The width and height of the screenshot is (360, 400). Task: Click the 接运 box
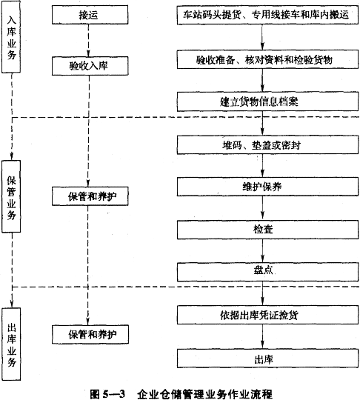(x=90, y=15)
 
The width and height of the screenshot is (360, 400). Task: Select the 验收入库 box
(x=90, y=66)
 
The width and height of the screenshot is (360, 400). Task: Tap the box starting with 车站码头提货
(x=267, y=15)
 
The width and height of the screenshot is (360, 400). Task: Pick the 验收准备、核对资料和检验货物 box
(x=267, y=60)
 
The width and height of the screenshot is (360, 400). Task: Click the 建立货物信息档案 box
(x=267, y=101)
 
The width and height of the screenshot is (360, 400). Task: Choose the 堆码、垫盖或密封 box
(x=267, y=145)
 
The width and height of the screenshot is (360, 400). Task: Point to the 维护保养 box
(x=267, y=187)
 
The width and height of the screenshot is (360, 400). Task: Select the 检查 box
(x=267, y=230)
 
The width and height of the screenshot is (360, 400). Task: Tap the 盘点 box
(x=267, y=272)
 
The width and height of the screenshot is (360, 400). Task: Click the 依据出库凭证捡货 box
(x=267, y=315)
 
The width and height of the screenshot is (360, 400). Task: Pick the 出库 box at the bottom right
(x=267, y=359)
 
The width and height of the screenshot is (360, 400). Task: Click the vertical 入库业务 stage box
(x=11, y=37)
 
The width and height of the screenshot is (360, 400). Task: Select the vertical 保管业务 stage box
(x=11, y=196)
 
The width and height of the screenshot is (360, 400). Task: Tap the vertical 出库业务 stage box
(x=11, y=344)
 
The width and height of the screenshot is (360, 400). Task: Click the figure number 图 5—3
(x=107, y=394)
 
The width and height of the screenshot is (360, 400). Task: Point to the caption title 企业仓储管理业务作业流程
(x=205, y=394)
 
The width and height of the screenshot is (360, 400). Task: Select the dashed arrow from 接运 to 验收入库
(x=88, y=41)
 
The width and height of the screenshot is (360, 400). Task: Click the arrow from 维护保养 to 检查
(x=262, y=208)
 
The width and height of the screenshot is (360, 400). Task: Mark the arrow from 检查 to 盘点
(x=262, y=251)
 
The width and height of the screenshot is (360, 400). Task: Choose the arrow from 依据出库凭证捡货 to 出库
(x=262, y=337)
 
